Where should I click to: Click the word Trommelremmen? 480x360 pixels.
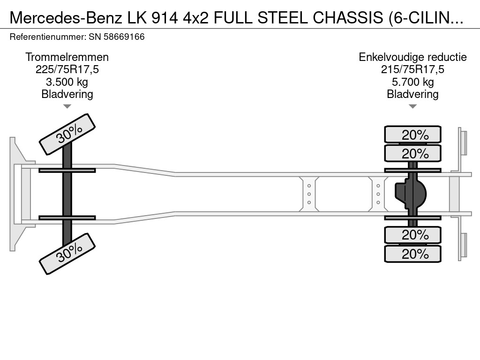click(67, 57)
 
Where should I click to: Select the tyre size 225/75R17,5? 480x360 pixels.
click(67, 69)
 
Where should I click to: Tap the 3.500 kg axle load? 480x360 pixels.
click(67, 82)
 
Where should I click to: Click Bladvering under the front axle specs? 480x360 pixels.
click(67, 94)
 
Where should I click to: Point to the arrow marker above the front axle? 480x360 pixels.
click(67, 106)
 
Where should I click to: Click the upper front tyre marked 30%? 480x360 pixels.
click(67, 134)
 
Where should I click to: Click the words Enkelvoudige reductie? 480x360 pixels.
click(412, 57)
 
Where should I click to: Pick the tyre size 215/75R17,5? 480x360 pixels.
click(412, 69)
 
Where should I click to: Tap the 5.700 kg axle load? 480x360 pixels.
click(412, 82)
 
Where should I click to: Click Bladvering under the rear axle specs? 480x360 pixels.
click(412, 94)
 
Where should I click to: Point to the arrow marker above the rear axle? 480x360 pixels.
click(412, 106)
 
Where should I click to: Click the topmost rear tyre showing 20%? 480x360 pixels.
click(412, 135)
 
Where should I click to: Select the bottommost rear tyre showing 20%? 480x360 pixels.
click(412, 254)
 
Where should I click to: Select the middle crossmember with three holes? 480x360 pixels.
click(309, 194)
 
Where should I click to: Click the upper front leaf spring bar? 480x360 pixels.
click(67, 170)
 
